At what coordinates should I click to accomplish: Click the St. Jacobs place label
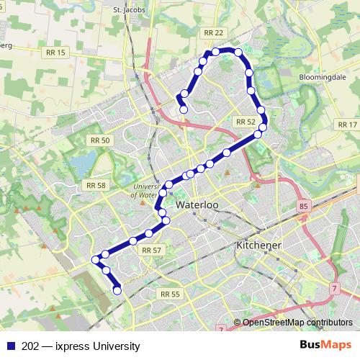tap(127, 10)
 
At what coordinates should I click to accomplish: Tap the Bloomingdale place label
tap(320, 76)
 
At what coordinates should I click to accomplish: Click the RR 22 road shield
tap(214, 32)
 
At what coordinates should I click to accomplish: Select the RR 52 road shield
tap(246, 122)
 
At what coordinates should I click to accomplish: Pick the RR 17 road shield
tap(347, 125)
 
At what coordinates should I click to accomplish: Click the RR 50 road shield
tap(99, 140)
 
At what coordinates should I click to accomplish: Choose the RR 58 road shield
tap(96, 185)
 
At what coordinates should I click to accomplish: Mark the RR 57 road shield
tap(151, 250)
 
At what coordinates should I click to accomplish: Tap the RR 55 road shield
tap(170, 294)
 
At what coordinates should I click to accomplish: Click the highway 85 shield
tap(302, 207)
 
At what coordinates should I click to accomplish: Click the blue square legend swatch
tap(12, 346)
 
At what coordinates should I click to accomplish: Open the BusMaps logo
tap(325, 346)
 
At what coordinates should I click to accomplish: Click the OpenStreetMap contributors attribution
tap(296, 323)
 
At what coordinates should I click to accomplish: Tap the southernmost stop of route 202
tap(117, 291)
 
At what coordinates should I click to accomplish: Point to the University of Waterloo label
tap(144, 189)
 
